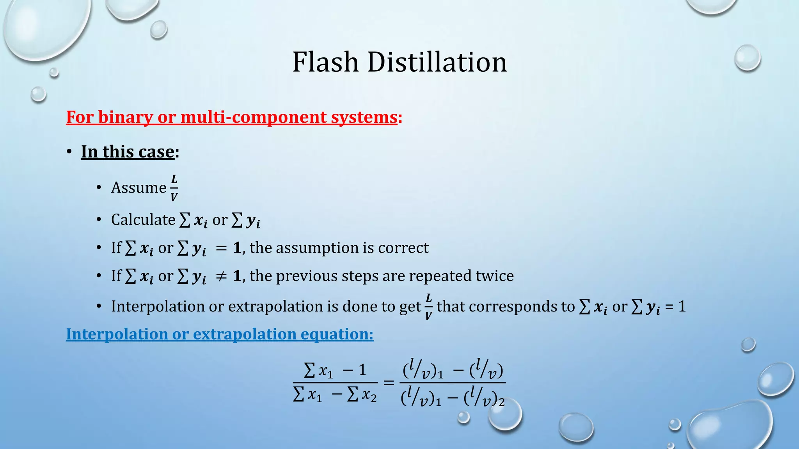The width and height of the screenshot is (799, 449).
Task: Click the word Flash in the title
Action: click(325, 62)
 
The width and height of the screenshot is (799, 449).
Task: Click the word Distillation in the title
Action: click(437, 62)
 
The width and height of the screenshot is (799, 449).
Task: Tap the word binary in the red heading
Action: click(125, 117)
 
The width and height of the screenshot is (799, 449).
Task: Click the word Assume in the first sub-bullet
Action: click(138, 187)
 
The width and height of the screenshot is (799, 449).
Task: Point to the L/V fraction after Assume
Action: click(174, 188)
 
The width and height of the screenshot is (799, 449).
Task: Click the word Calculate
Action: click(143, 219)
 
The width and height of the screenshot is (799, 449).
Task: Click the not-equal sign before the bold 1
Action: click(221, 276)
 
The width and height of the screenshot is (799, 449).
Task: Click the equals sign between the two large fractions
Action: click(389, 382)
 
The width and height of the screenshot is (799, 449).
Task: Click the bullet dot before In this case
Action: click(69, 152)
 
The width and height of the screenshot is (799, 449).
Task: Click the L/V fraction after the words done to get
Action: click(428, 306)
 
